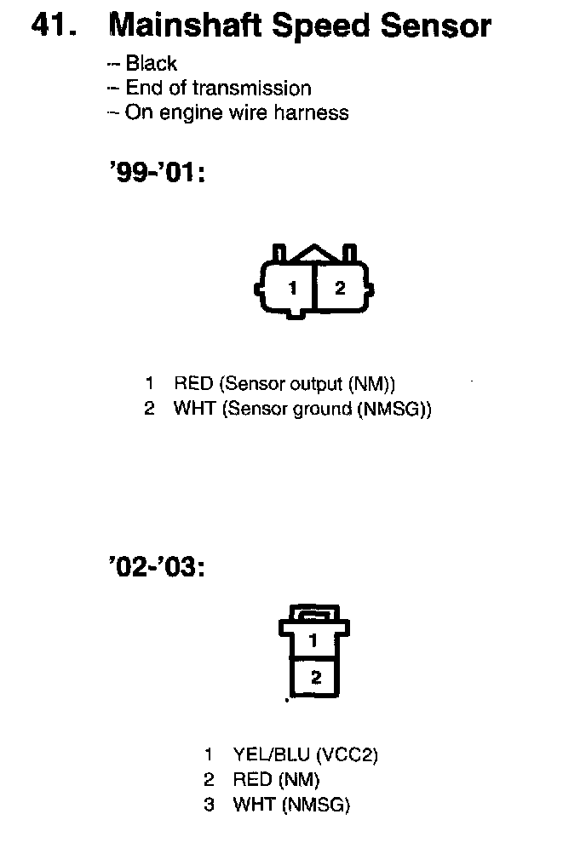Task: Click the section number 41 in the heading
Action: click(53, 26)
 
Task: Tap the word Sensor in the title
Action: click(436, 26)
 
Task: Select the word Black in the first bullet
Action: click(151, 63)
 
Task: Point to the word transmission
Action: click(252, 88)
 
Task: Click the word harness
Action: click(311, 112)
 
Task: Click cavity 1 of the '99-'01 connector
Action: click(291, 288)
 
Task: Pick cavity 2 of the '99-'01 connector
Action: click(340, 288)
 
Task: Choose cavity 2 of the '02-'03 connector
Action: click(316, 678)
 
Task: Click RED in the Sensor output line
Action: click(193, 383)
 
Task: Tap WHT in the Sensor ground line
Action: click(195, 409)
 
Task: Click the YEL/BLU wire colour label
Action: click(271, 754)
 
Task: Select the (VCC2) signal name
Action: click(347, 754)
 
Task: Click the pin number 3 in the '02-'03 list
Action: click(209, 805)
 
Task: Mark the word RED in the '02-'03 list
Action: click(252, 779)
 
